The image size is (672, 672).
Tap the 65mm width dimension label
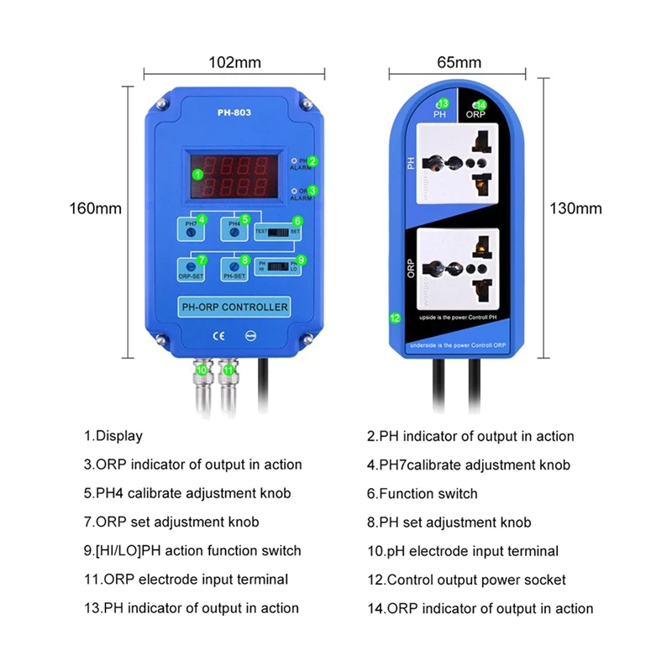(x=459, y=62)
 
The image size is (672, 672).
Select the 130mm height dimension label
(x=575, y=207)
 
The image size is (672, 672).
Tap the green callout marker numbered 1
(x=197, y=174)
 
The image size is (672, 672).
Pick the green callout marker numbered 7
(x=202, y=260)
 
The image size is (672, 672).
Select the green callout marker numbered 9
(x=301, y=260)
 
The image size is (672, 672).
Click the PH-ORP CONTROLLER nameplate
(x=235, y=307)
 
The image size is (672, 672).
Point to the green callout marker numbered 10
(x=202, y=369)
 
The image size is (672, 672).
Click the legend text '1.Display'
(x=113, y=436)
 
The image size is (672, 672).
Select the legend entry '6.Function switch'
(x=422, y=493)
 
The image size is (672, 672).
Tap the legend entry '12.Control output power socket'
(x=466, y=580)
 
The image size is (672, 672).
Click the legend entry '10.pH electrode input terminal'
(x=462, y=551)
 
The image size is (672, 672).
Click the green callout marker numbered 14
(x=480, y=103)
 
